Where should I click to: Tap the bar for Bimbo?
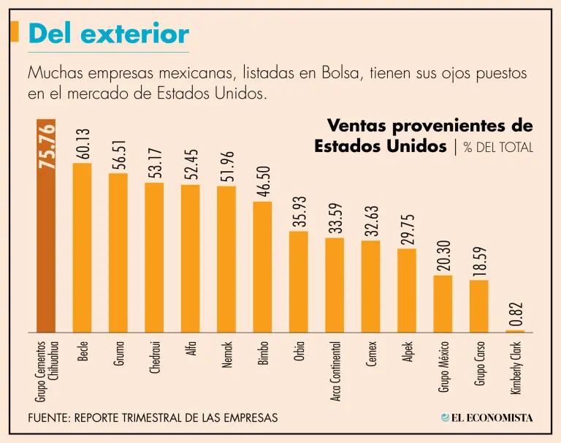tap(262, 266)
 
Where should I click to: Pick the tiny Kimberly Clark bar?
tap(515, 331)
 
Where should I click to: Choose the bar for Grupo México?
tap(443, 303)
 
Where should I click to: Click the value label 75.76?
tap(47, 146)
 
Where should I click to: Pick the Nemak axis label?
tap(227, 355)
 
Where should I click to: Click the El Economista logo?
tap(487, 417)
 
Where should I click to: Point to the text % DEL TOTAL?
tap(498, 147)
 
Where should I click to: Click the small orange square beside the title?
tap(15, 32)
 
